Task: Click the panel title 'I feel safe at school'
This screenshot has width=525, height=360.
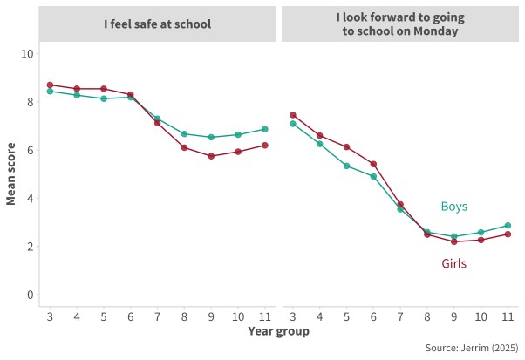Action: point(157,24)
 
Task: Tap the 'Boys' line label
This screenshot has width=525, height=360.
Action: point(453,207)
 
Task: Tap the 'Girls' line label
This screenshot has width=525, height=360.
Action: point(454,262)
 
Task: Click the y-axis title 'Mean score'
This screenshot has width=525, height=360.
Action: point(11,174)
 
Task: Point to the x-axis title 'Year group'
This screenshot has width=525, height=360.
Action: point(277,331)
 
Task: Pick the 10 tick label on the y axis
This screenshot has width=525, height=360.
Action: point(27,53)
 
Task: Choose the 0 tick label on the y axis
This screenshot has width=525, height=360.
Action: point(30,295)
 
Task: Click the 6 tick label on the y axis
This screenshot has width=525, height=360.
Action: point(30,150)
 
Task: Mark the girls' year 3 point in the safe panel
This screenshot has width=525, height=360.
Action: point(50,85)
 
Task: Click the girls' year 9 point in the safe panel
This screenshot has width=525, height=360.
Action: point(210,156)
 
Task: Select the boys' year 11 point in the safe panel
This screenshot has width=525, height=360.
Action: point(264,129)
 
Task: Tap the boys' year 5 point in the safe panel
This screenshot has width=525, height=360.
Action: point(104,98)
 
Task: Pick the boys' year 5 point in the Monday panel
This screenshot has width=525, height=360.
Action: point(346,166)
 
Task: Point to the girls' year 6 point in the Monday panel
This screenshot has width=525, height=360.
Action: point(373,164)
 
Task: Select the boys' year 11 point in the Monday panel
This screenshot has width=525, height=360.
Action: point(508,226)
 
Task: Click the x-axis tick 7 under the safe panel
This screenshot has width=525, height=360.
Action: point(157,315)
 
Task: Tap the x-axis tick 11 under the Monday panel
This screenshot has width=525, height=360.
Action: point(508,315)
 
